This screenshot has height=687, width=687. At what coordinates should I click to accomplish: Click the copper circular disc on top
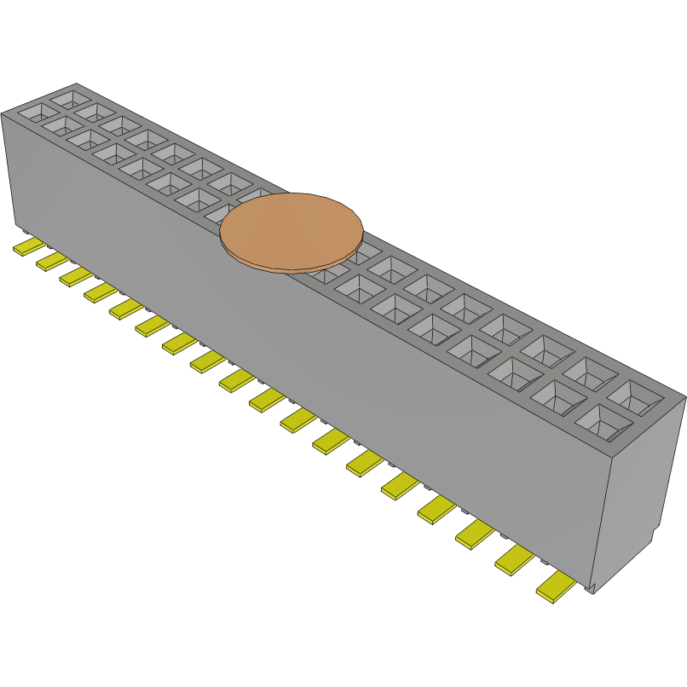click(292, 230)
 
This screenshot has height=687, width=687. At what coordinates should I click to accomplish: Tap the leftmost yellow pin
click(28, 247)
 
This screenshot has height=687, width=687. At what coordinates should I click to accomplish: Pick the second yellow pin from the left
click(51, 260)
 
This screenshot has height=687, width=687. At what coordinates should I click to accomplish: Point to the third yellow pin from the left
click(75, 275)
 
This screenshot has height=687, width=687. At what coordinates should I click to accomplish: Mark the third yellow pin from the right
click(475, 534)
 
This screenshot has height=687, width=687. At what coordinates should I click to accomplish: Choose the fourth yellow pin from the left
click(100, 292)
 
